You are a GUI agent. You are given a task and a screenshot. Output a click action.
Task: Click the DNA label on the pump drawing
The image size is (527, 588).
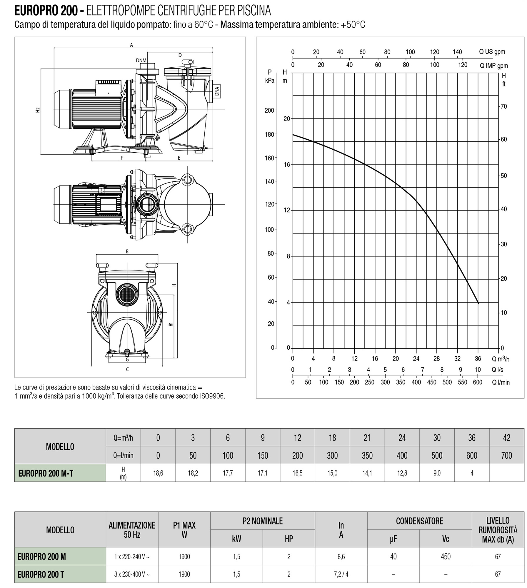tap(217, 91)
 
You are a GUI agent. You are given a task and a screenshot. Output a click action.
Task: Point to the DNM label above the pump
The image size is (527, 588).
tap(141, 61)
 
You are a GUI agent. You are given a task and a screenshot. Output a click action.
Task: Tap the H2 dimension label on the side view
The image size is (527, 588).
tap(37, 110)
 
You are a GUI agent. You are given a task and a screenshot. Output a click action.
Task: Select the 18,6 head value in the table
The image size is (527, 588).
tap(158, 473)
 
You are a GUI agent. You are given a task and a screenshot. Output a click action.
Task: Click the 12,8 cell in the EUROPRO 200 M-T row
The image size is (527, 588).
tap(402, 473)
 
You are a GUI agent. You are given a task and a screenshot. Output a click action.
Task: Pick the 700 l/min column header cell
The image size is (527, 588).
tap(507, 455)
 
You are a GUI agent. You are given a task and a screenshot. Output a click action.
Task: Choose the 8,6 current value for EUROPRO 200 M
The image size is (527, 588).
tap(341, 556)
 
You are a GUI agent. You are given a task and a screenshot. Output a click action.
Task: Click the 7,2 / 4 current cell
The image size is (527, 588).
tap(341, 574)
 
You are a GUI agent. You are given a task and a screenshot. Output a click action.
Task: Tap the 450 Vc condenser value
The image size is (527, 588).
tap(446, 556)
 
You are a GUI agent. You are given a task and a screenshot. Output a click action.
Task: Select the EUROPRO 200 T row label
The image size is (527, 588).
tap(41, 574)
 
